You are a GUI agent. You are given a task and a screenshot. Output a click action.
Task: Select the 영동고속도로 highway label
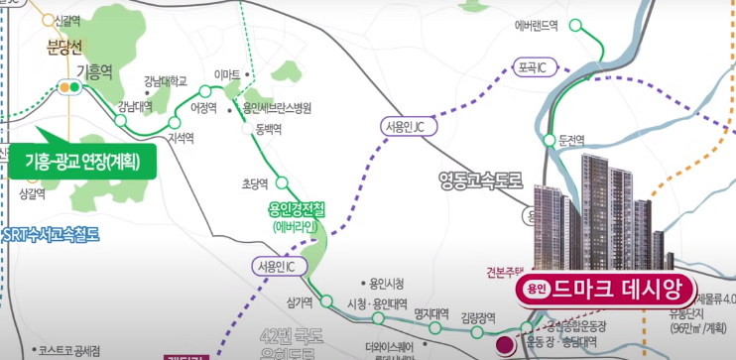[481, 180]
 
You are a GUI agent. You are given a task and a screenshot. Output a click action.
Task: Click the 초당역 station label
[257, 183]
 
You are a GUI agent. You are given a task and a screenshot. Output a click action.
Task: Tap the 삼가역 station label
[300, 302]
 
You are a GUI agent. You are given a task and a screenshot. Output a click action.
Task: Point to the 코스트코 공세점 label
[77, 350]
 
